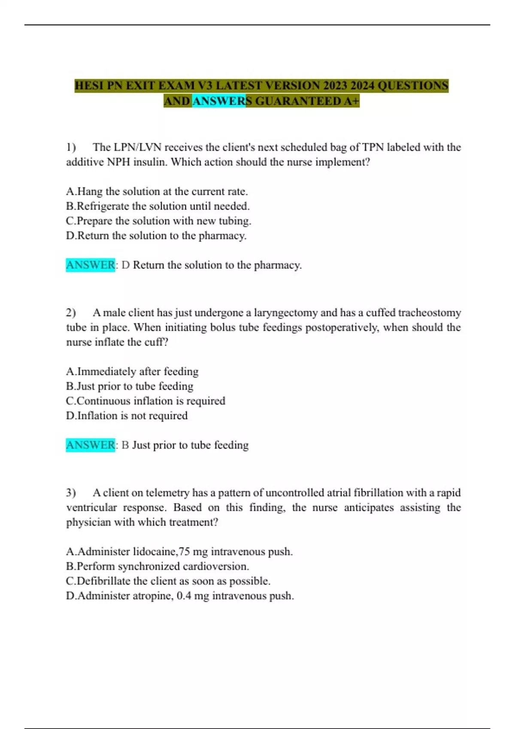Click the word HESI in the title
pyautogui.click(x=89, y=85)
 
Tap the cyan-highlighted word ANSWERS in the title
pyautogui.click(x=219, y=101)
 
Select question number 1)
pyautogui.click(x=71, y=147)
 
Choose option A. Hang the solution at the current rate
pyautogui.click(x=157, y=191)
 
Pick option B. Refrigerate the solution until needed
pyautogui.click(x=158, y=206)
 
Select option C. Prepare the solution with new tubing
pyautogui.click(x=159, y=221)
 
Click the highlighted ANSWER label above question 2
pyautogui.click(x=91, y=265)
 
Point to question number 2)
pyautogui.click(x=71, y=313)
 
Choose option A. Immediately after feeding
pyautogui.click(x=132, y=371)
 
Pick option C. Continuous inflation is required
pyautogui.click(x=145, y=401)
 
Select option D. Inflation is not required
pyautogui.click(x=127, y=416)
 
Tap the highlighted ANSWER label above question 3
pyautogui.click(x=91, y=445)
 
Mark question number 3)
pyautogui.click(x=71, y=493)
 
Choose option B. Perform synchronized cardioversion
pyautogui.click(x=158, y=566)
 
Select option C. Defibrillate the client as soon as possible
pyautogui.click(x=168, y=581)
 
